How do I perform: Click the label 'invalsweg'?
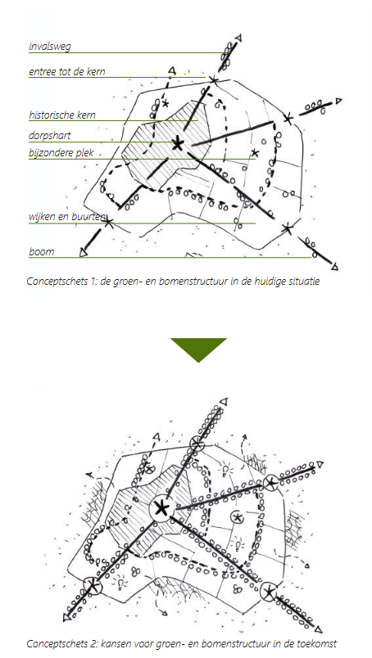coord(50,47)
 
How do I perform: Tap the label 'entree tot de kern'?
coord(67,72)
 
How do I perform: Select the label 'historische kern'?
coord(62,115)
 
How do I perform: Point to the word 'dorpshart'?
coord(50,136)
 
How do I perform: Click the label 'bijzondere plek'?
coord(61,153)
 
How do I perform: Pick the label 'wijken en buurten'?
coord(67,218)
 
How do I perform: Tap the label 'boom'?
coord(42,252)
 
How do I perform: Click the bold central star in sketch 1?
coord(178,144)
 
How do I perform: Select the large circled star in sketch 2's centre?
coord(161,509)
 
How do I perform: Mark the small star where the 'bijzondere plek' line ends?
coord(254,153)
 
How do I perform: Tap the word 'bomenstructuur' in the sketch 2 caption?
coord(220,643)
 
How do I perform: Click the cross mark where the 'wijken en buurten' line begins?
coord(108,222)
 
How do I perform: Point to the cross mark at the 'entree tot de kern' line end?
coord(214,79)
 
